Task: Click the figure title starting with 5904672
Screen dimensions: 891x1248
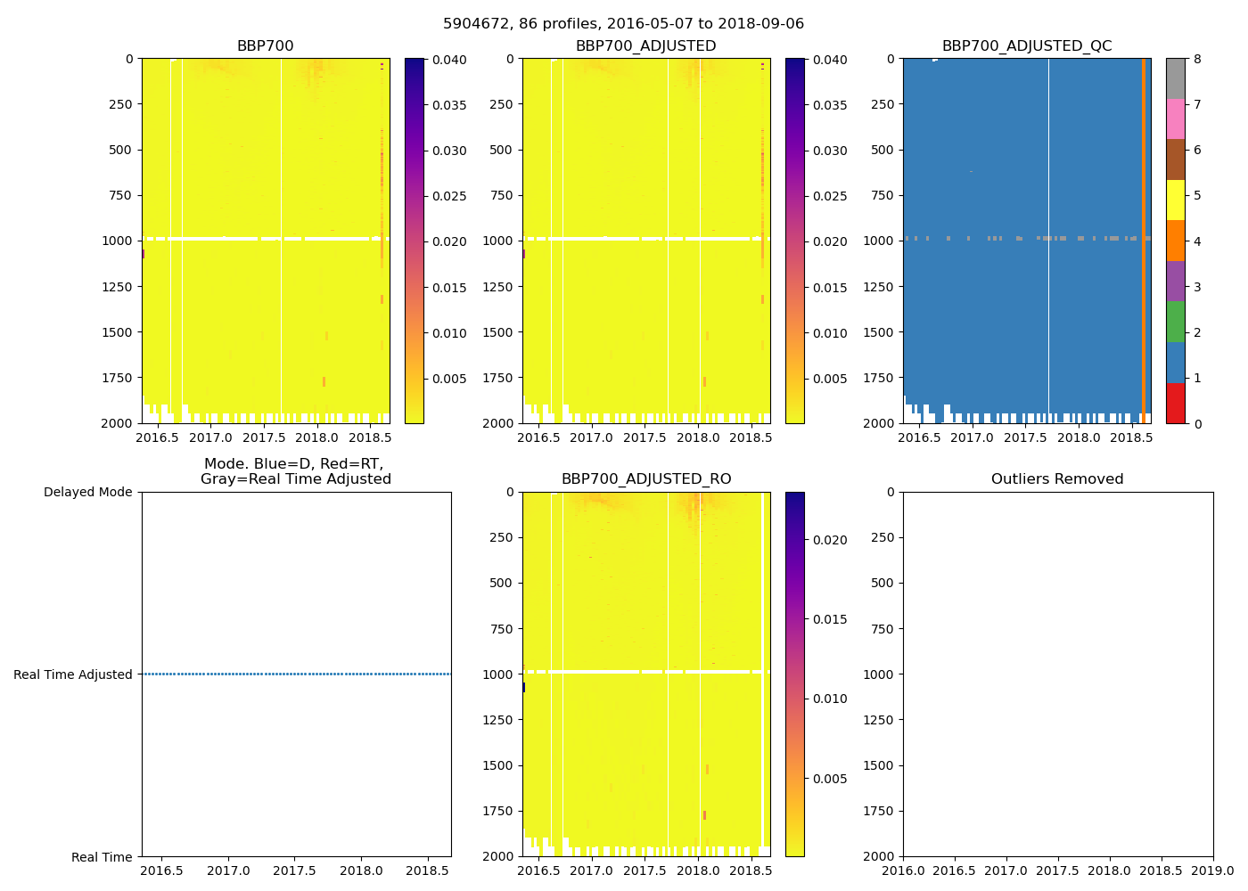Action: (623, 24)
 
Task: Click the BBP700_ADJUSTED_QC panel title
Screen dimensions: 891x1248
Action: (1027, 46)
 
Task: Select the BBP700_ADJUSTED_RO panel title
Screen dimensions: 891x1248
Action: (646, 479)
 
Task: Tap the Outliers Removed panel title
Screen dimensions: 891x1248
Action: (1057, 479)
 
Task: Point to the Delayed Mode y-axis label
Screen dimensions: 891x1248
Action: (87, 492)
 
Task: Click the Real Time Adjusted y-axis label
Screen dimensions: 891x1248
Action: (73, 674)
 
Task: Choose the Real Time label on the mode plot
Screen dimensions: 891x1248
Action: (102, 857)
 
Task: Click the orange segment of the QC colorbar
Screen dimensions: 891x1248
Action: (1176, 241)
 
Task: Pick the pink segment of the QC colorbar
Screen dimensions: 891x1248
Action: (1176, 119)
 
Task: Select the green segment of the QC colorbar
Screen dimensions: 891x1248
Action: (1176, 322)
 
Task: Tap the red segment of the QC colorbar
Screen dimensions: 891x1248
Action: (1176, 403)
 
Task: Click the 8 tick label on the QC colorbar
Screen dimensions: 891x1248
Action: (1197, 60)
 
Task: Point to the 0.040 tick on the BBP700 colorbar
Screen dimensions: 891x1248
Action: (449, 60)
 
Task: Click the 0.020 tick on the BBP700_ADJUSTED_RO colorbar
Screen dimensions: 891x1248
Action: (830, 540)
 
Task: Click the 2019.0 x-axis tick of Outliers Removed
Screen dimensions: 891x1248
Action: (1212, 871)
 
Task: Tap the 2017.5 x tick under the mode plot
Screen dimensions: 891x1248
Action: (295, 871)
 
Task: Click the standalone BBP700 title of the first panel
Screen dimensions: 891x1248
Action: (265, 46)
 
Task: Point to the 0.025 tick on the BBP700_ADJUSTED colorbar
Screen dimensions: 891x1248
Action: (830, 196)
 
